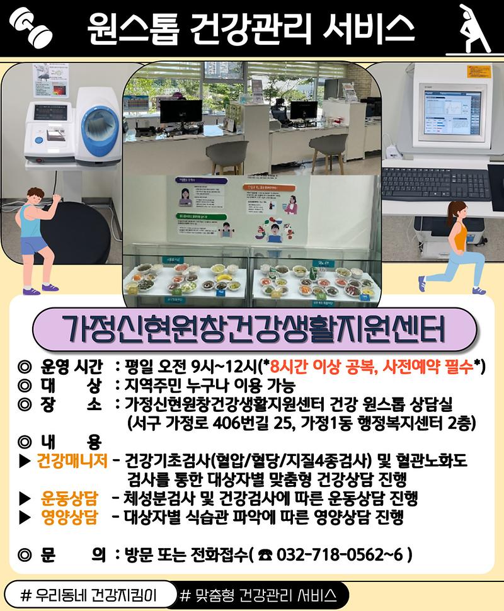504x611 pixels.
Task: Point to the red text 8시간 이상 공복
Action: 319,367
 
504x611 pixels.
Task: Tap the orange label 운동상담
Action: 69,500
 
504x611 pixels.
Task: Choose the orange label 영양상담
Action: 69,518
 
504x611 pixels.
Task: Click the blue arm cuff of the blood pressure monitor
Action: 96,129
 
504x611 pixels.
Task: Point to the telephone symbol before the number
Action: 264,556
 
